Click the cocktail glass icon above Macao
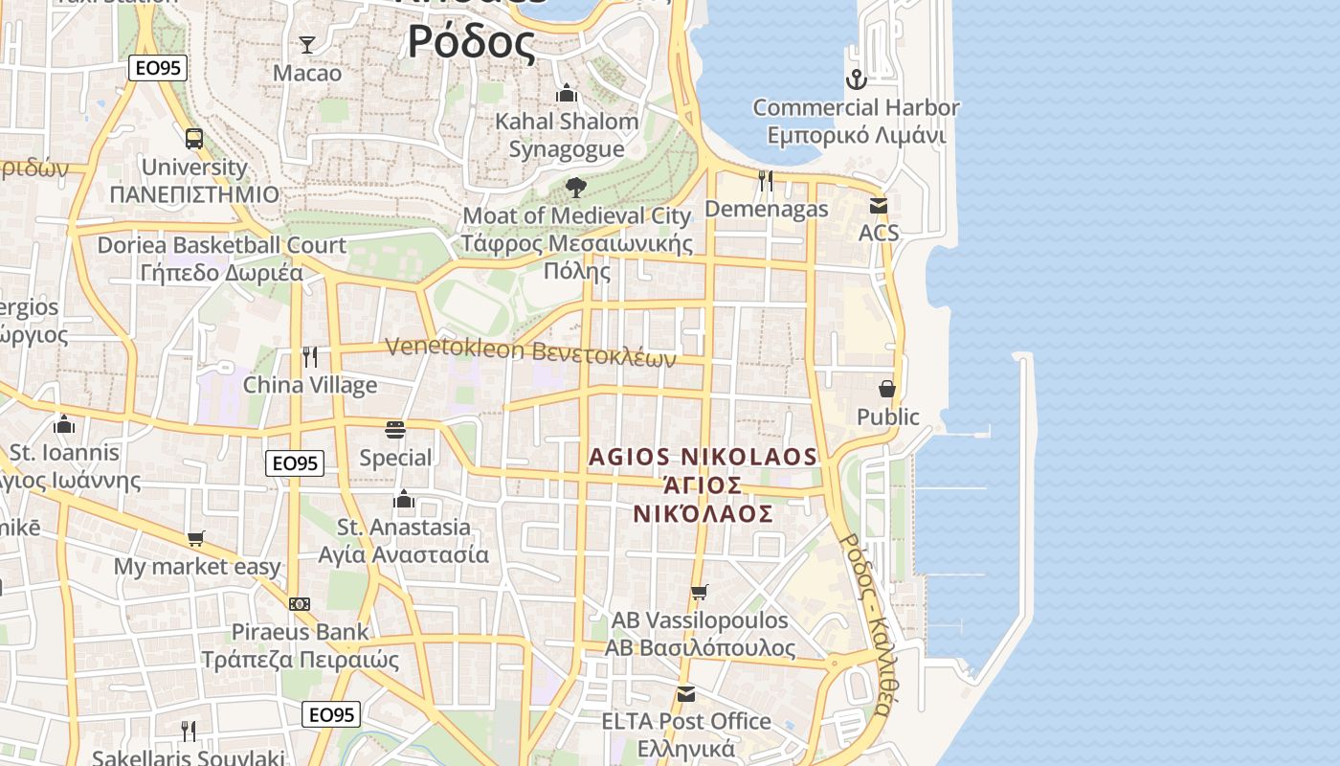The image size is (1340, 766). point(307,44)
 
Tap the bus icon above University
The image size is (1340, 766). point(194,138)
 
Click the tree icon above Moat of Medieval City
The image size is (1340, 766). point(575,187)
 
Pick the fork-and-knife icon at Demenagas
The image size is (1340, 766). point(766,180)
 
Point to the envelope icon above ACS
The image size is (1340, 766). point(878,205)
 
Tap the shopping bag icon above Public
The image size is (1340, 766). point(887,389)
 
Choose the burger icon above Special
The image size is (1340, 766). point(394,429)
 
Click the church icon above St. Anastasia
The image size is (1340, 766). point(404,499)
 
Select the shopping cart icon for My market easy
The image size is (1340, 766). point(196,538)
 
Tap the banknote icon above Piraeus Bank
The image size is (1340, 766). point(300,604)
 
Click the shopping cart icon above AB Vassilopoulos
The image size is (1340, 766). point(700,592)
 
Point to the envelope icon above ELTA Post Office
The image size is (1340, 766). point(685,693)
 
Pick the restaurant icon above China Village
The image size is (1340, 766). point(309,357)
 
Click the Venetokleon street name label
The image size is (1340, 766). point(530,352)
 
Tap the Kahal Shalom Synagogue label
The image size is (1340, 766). point(567,135)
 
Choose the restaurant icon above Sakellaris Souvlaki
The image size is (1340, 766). point(189,731)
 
